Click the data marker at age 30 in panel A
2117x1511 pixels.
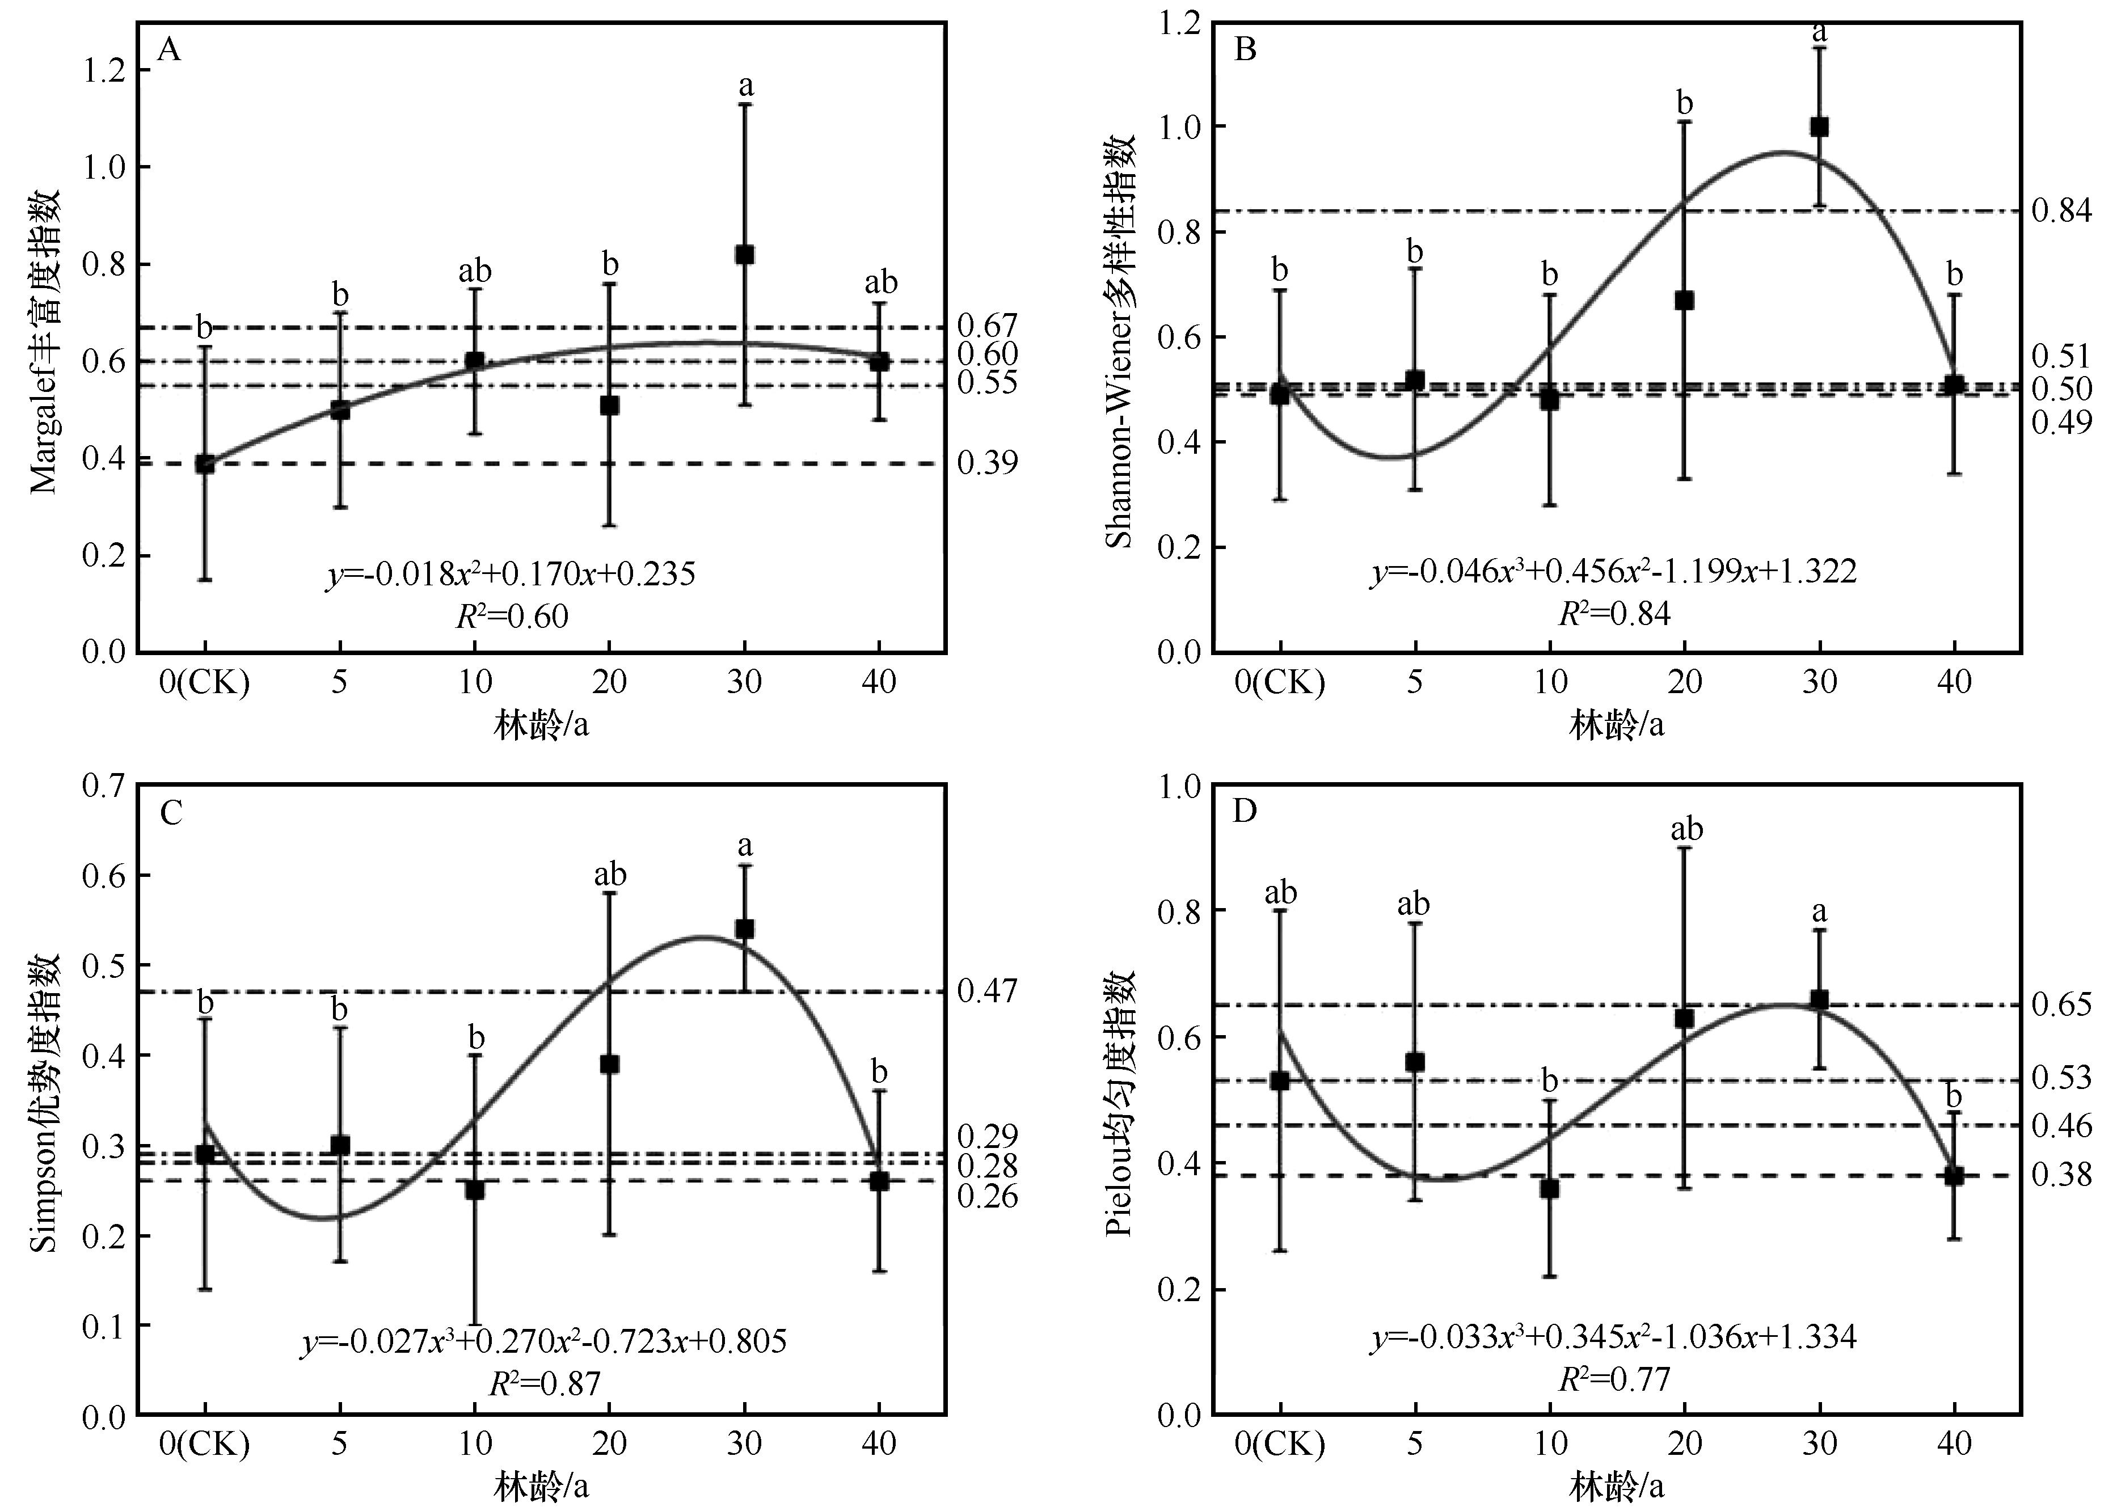(x=744, y=255)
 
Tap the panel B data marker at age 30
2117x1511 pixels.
(x=1819, y=126)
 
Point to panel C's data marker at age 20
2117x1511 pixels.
(x=609, y=1065)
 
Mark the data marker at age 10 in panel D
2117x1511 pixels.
(x=1549, y=1188)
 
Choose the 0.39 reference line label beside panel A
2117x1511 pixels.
(x=988, y=462)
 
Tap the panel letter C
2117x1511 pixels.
(x=170, y=814)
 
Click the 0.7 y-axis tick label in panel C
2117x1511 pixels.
(x=104, y=786)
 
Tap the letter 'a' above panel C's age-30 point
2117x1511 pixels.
(x=744, y=847)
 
